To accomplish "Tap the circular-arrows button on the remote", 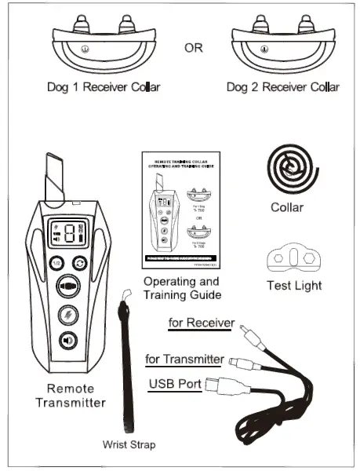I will [x=80, y=263].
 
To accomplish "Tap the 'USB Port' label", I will [x=175, y=385].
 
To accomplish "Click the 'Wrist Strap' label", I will [x=129, y=445].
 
